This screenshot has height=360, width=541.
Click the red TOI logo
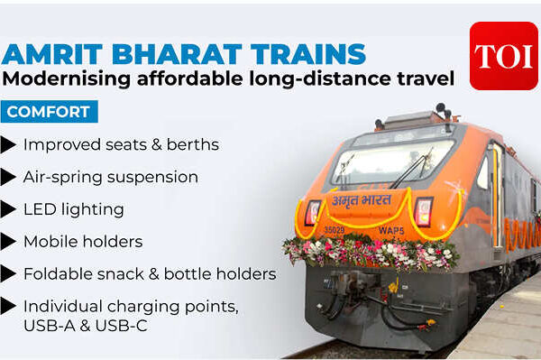coord(504,56)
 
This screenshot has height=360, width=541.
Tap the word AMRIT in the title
coord(52,54)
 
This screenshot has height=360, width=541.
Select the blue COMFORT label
coord(49,112)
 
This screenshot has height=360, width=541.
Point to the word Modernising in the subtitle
coord(66,78)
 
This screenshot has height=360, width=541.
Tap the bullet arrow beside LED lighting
coord(8,209)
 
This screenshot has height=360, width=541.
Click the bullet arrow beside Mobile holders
coord(8,242)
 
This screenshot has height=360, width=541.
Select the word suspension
coord(152,178)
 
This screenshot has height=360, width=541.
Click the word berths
coord(193,144)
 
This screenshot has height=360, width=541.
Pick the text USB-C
coord(121,326)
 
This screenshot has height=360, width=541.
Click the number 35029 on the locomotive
coord(335,229)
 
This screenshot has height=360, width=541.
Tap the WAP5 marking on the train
coord(391,230)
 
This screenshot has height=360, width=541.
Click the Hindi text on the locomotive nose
coord(362,200)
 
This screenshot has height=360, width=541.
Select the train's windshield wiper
coord(411,169)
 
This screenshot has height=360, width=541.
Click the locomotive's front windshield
coord(391,163)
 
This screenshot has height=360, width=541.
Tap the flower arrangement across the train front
coord(370,252)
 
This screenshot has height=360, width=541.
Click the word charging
coord(143,307)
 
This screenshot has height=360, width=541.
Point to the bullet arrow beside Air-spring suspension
coord(8,178)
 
